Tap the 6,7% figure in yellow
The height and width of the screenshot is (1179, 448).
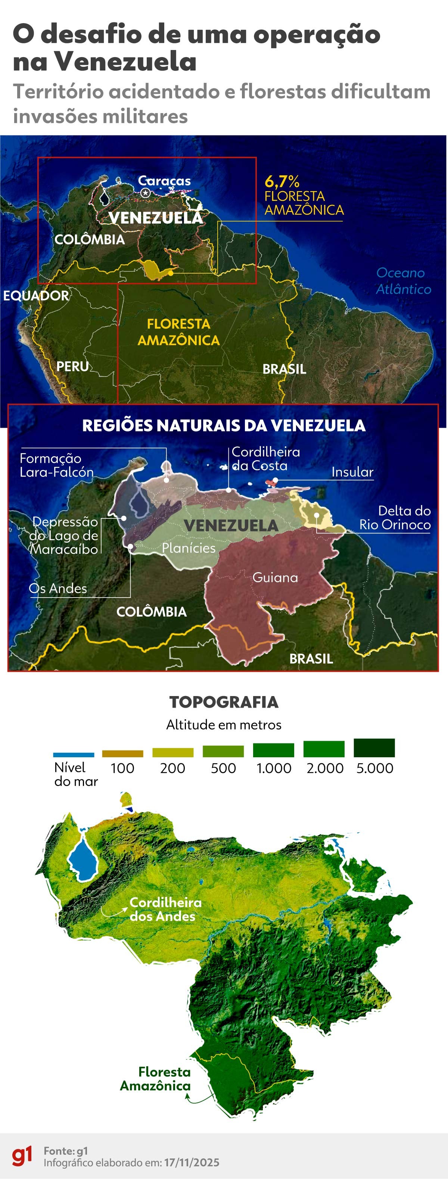click(282, 181)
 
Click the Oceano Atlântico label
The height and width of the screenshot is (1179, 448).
click(403, 281)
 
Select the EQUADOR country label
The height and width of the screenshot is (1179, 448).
click(36, 296)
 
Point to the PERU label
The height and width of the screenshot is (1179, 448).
click(72, 366)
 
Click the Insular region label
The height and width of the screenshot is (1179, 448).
click(352, 472)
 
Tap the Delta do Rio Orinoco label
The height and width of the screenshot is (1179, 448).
click(395, 518)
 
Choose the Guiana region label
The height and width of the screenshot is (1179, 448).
click(275, 578)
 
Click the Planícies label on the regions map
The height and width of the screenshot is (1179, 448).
click(189, 548)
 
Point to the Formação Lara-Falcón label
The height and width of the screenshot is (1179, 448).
click(56, 465)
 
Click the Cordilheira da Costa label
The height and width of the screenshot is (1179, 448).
click(265, 459)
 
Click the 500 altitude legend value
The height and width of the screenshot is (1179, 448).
click(223, 768)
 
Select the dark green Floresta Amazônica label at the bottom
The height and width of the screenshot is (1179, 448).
click(156, 1079)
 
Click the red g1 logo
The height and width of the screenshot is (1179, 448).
click(22, 1155)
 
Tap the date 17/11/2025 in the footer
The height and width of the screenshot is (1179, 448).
click(192, 1163)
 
